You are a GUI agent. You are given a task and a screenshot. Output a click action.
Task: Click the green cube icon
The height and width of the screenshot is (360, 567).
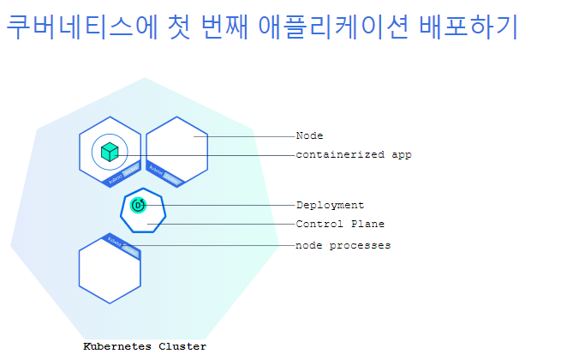[x=109, y=153]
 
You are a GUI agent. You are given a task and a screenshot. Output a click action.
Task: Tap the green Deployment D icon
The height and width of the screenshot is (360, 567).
[x=139, y=205]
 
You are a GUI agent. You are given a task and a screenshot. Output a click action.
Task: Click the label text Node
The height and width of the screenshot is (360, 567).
[x=309, y=135]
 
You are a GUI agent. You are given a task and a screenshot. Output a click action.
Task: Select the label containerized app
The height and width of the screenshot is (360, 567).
[x=353, y=155]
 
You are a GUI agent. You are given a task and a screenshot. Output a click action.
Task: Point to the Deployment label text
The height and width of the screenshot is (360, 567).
[x=330, y=205]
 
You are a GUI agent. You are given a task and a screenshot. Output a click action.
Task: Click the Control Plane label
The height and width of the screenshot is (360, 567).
[x=340, y=224]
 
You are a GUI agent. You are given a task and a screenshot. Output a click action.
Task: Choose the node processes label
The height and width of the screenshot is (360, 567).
[x=343, y=245]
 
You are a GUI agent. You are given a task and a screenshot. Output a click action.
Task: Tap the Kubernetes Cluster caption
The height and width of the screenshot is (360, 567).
[x=145, y=346]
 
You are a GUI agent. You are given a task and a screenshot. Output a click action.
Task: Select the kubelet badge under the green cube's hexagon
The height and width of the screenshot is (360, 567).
[x=121, y=176]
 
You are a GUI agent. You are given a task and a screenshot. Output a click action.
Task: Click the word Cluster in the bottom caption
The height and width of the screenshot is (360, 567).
[x=182, y=346]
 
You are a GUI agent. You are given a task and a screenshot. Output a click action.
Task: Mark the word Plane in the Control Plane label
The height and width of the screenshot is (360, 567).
[x=368, y=224]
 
